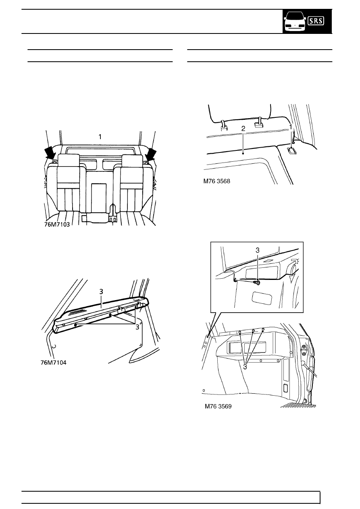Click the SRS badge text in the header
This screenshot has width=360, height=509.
316,21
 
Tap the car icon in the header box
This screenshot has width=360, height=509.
295,22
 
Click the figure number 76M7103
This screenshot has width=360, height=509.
57,225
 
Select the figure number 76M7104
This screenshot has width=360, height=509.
54,363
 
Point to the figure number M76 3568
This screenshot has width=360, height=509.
216,181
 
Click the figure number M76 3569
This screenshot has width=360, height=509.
218,406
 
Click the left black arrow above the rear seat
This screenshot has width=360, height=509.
50,153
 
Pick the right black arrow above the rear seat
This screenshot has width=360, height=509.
151,153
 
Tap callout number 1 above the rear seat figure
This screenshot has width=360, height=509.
100,137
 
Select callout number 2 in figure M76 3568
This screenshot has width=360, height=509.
243,129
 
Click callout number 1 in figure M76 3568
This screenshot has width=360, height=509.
291,127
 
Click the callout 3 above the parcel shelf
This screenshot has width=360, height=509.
101,291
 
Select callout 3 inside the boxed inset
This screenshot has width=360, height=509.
257,250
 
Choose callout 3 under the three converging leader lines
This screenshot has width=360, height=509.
245,367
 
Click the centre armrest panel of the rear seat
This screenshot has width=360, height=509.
99,197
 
